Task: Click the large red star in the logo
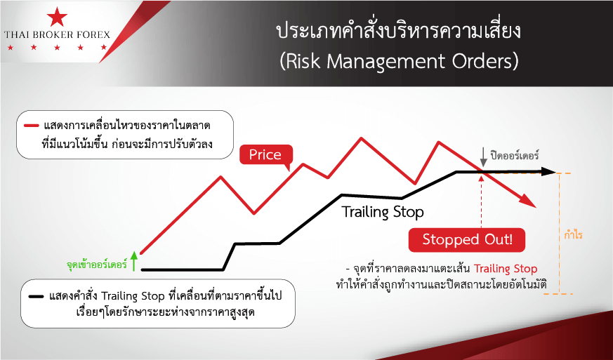pyautogui.click(x=57, y=18)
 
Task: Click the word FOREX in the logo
pyautogui.click(x=91, y=35)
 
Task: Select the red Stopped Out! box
pyautogui.click(x=467, y=239)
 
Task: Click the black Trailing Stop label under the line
pyautogui.click(x=383, y=212)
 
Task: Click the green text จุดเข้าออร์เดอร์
pyautogui.click(x=97, y=265)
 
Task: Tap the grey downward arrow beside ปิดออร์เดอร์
pyautogui.click(x=484, y=157)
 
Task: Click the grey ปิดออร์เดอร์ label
pyautogui.click(x=514, y=155)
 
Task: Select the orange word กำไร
pyautogui.click(x=574, y=235)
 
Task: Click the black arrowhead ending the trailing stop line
pyautogui.click(x=549, y=172)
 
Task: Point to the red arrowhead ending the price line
pyautogui.click(x=528, y=201)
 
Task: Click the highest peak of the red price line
pyautogui.click(x=361, y=138)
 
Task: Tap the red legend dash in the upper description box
pyautogui.click(x=32, y=126)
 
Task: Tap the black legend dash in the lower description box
pyautogui.click(x=36, y=297)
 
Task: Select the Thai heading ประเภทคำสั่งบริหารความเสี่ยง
pyautogui.click(x=399, y=32)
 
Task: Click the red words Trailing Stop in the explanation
pyautogui.click(x=506, y=269)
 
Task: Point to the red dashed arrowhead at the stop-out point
pyautogui.click(x=481, y=178)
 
